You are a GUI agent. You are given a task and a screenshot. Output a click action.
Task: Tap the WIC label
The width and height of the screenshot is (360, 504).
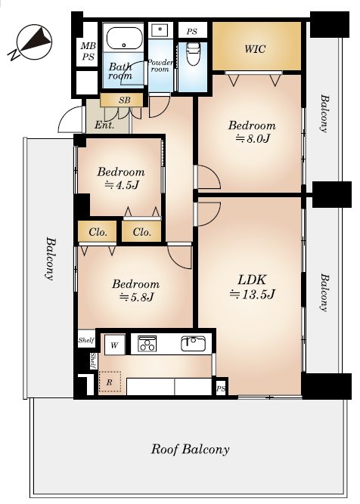pyautogui.click(x=255, y=49)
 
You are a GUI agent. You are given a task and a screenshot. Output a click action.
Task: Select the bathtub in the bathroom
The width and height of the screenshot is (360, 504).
pyautogui.click(x=124, y=39)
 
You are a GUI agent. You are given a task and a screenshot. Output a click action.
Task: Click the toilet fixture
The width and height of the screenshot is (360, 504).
pyautogui.click(x=193, y=53)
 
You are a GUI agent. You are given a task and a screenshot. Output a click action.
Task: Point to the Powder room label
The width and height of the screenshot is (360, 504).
pyautogui.click(x=160, y=66)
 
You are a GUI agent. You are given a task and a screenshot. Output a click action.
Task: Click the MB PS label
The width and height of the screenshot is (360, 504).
pyautogui.click(x=88, y=51)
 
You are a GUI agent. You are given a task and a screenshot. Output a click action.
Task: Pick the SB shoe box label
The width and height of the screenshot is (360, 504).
pyautogui.click(x=125, y=100)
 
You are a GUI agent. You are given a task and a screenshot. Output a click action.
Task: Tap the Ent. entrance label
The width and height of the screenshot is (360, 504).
pyautogui.click(x=104, y=125)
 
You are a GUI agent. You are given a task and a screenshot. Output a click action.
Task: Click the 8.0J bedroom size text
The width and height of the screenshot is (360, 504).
pyautogui.click(x=253, y=138)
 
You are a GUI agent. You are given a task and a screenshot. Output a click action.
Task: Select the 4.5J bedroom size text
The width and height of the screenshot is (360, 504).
pyautogui.click(x=121, y=185)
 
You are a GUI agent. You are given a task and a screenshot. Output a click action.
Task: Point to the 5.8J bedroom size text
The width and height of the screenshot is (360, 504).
pyautogui.click(x=136, y=297)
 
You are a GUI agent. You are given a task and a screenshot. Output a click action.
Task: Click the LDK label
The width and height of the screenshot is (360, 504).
pyautogui.click(x=252, y=280)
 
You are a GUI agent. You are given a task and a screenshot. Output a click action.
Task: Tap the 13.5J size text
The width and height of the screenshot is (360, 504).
pyautogui.click(x=252, y=294)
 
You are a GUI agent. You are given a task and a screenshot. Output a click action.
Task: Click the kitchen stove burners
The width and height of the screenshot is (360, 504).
pyautogui.click(x=147, y=344)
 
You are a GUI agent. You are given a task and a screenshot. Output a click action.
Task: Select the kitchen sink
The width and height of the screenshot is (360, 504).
pyautogui.click(x=193, y=344)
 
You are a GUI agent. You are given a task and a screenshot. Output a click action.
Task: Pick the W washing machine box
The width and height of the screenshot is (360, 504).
pyautogui.click(x=114, y=345)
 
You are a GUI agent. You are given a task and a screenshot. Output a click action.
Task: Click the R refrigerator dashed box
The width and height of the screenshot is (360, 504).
pyautogui.click(x=110, y=382)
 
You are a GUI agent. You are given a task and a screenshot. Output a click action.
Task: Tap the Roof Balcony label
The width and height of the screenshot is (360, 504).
pyautogui.click(x=191, y=449)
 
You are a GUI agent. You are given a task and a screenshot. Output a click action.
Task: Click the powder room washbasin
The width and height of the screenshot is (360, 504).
pyautogui.click(x=160, y=30)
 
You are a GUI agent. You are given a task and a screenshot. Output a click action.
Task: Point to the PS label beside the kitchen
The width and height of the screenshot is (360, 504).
pyautogui.click(x=221, y=389)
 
